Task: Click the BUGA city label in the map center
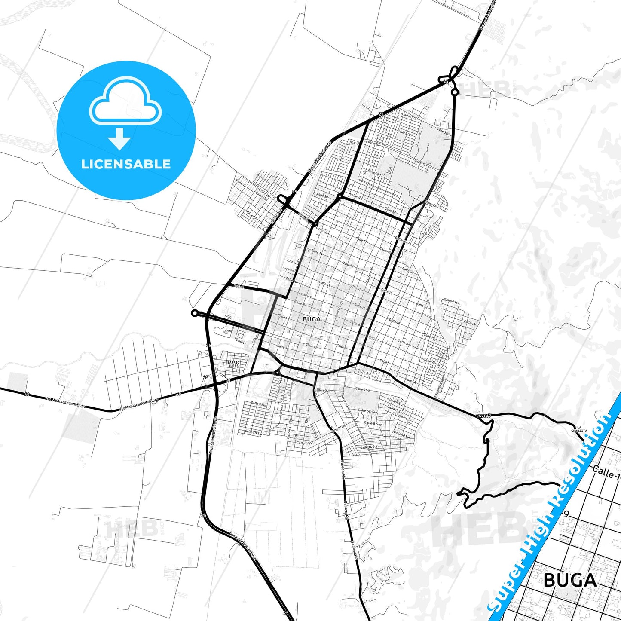point(312,319)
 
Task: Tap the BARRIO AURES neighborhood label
point(233,364)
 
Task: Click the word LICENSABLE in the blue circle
point(126,164)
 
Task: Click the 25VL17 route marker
point(483,416)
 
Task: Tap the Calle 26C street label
point(374,173)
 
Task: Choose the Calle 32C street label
point(409,116)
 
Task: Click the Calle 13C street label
point(451,301)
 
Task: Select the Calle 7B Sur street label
point(253,432)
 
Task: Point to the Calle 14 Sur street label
point(369,447)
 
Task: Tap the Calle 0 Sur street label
point(363,389)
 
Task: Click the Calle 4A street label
point(410,381)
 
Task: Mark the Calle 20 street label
point(322,196)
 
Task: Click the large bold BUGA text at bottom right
point(570,580)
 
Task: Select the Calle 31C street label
point(404,133)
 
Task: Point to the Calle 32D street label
point(443,131)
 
